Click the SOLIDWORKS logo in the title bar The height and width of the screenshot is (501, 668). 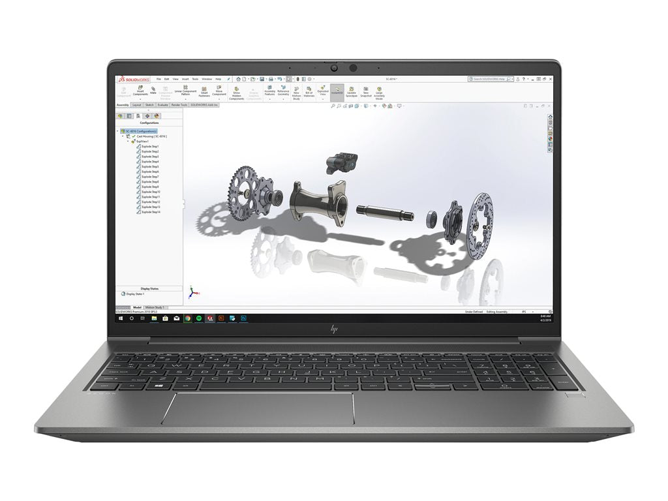(x=132, y=79)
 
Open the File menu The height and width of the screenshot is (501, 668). (x=159, y=79)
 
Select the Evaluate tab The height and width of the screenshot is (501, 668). (x=162, y=104)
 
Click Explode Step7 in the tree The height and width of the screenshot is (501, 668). (x=150, y=177)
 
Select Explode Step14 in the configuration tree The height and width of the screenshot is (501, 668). (x=150, y=212)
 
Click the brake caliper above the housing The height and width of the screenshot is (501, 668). (x=340, y=160)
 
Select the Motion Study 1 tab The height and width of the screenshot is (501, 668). (x=155, y=307)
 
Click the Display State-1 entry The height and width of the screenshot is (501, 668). (x=136, y=294)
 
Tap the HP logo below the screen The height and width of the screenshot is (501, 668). (x=334, y=329)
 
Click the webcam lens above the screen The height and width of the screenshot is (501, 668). (x=353, y=68)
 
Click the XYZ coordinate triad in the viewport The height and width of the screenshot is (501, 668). (x=191, y=292)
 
